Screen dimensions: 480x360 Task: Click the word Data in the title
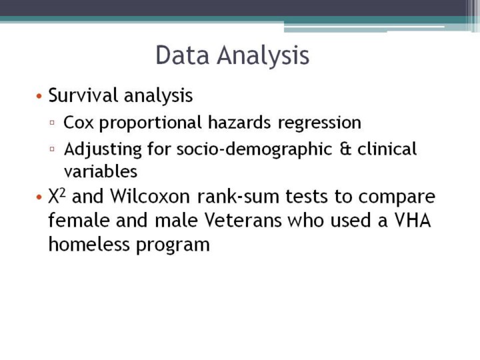[183, 55]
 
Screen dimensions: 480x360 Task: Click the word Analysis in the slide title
[263, 56]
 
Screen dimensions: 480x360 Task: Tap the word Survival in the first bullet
[83, 95]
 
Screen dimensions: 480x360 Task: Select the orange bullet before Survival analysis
[39, 96]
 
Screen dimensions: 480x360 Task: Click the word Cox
[79, 123]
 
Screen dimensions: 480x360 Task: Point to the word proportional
[150, 123]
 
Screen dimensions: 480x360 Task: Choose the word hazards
[239, 122]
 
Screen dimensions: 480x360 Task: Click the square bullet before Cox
[52, 123]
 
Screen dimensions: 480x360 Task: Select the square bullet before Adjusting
[52, 149]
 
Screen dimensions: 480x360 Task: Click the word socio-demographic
[255, 150]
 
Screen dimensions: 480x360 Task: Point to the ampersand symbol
[345, 149]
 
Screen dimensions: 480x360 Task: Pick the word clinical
[387, 149]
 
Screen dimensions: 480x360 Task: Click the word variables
[101, 171]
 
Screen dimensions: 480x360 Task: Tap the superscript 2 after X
[62, 193]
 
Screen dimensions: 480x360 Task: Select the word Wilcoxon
[150, 196]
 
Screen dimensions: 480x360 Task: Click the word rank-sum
[238, 196]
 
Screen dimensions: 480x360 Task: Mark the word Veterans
[243, 220]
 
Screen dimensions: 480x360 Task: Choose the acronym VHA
[413, 220]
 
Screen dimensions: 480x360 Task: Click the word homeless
[89, 244]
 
